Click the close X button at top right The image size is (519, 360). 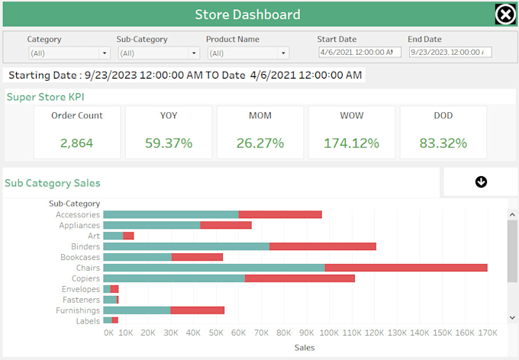coord(505,14)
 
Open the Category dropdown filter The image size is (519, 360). coord(69,53)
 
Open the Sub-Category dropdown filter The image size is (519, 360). coord(159,53)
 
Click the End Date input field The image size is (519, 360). coord(450,52)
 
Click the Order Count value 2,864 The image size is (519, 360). coord(77,143)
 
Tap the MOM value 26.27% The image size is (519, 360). coord(260,143)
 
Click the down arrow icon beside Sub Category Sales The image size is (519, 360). coord(481,182)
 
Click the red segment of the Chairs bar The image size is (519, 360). coord(406,268)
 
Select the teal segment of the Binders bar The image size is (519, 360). coord(186,246)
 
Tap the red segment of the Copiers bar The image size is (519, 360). coord(300,278)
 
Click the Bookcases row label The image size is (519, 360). coord(79,257)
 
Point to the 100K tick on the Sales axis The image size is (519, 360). coord(329,333)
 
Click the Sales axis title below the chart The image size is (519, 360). coord(304,348)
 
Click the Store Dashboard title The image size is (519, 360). coord(247,14)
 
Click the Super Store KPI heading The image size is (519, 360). coord(45,97)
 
